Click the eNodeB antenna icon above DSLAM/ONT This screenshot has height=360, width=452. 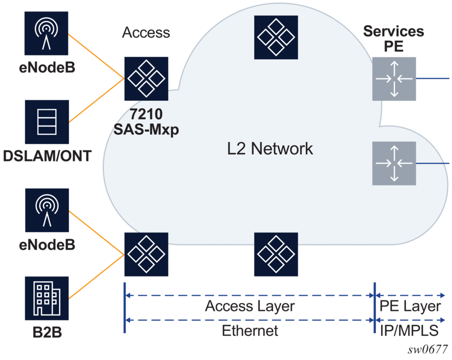tap(46, 33)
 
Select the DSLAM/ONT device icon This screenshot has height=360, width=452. tap(47, 122)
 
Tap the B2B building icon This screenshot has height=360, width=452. tap(46, 298)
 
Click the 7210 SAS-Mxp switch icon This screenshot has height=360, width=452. tap(146, 79)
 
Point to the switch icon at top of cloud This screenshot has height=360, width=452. tap(276, 38)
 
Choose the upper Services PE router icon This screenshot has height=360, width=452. tap(394, 79)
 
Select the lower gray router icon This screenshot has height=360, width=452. tap(394, 163)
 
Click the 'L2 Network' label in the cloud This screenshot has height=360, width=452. tap(270, 149)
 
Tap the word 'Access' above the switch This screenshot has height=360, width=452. tap(146, 32)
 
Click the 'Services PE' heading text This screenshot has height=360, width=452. tap(394, 39)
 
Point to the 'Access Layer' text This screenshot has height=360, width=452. tap(250, 306)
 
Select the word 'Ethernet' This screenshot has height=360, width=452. tap(250, 331)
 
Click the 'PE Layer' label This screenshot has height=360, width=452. tap(410, 306)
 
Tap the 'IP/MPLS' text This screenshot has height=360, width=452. tap(409, 331)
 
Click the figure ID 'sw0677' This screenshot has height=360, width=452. tap(427, 350)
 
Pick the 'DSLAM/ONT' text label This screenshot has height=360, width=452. tap(47, 156)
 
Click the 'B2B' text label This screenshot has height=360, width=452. tap(47, 332)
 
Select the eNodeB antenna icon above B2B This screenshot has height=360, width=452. tap(47, 210)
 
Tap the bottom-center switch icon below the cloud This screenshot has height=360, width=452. tap(276, 254)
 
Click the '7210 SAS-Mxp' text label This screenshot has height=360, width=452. tap(146, 122)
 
